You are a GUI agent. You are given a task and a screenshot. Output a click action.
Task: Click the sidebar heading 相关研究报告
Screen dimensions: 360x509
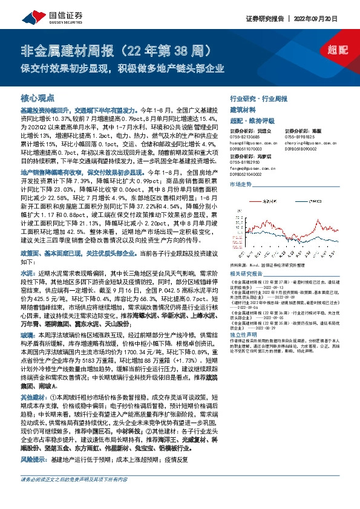point(248,274)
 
